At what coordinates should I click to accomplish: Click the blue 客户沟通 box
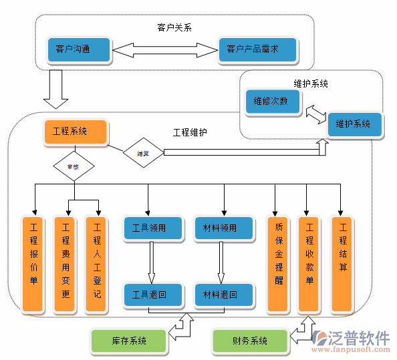click(x=74, y=49)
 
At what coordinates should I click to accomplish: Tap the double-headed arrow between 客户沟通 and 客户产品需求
click(x=165, y=49)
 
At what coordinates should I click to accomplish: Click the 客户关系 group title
click(x=174, y=27)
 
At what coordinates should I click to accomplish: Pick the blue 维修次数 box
click(x=271, y=102)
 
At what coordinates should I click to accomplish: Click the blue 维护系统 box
click(x=354, y=124)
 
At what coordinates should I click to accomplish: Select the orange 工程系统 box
click(x=75, y=132)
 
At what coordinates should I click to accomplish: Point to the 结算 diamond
click(x=143, y=153)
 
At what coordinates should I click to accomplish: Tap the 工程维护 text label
click(x=190, y=132)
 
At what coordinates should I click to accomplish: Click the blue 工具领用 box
click(x=153, y=228)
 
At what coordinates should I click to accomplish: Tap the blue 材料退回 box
click(x=224, y=294)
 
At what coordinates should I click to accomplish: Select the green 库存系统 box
click(x=129, y=341)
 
